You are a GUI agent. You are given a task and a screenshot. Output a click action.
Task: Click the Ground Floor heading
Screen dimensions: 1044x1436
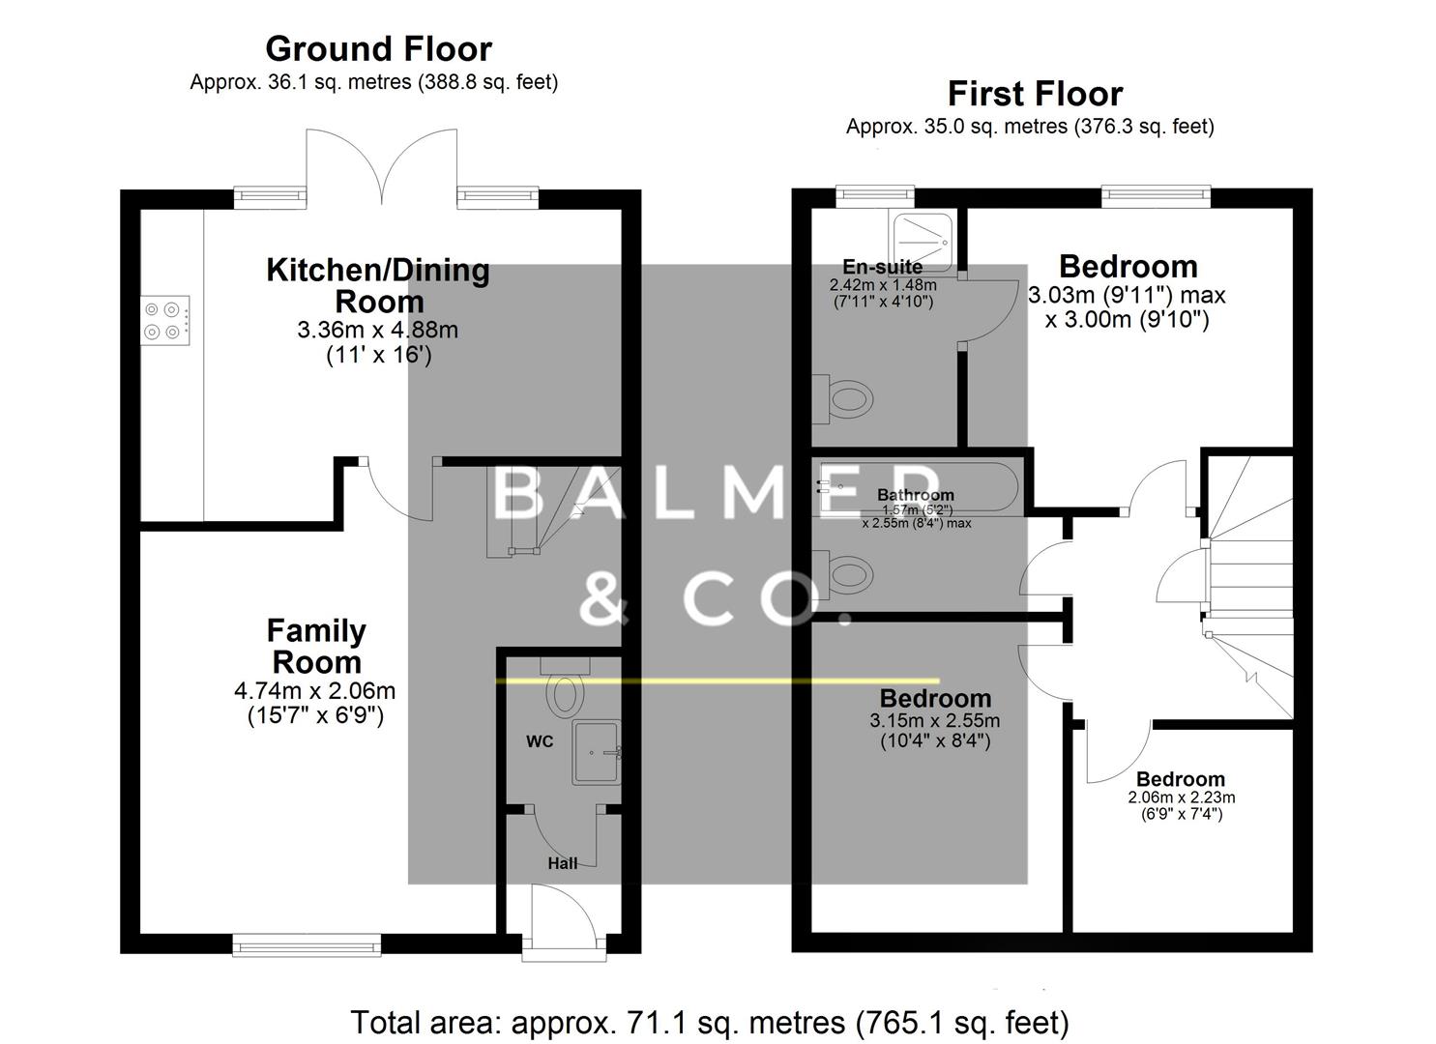378,48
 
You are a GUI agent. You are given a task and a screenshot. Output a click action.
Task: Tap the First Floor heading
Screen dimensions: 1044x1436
1035,94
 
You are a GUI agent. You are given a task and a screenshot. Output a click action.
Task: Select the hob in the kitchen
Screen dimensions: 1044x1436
163,320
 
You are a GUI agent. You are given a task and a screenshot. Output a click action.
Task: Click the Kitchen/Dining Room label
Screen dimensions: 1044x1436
378,285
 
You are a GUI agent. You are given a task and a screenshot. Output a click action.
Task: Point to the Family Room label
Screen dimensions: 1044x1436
316,646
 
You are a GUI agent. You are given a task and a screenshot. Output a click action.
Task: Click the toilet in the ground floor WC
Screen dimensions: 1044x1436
565,693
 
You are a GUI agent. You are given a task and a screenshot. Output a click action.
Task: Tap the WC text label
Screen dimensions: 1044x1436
540,741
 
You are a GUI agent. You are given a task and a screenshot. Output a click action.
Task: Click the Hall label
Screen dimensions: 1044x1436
562,863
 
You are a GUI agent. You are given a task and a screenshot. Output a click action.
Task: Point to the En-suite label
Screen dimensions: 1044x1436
882,266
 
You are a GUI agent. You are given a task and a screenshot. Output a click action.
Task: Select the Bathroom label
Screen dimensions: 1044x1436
915,495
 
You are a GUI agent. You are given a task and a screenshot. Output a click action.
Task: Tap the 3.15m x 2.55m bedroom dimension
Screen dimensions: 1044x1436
934,720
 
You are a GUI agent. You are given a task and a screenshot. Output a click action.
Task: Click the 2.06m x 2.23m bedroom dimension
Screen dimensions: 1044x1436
1181,797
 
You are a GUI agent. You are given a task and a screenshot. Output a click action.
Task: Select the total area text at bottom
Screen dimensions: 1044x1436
709,1022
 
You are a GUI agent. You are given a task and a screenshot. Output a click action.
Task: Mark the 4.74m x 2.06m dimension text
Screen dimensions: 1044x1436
314,691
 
